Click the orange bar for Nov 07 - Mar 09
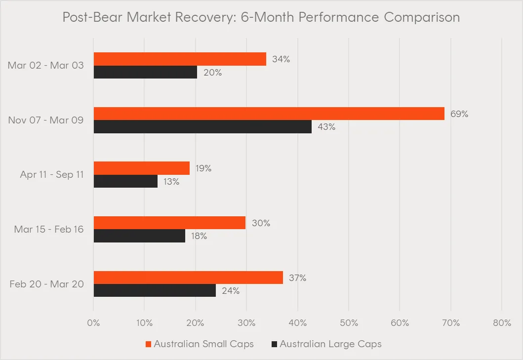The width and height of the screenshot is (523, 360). tap(269, 114)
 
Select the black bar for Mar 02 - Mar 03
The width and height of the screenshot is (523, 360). tap(145, 72)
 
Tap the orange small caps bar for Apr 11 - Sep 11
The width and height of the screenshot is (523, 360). tap(142, 168)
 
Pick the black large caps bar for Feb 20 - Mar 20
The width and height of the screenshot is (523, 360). tap(155, 290)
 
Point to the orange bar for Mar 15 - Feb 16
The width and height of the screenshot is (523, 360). tap(169, 223)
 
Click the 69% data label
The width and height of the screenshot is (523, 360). tap(459, 114)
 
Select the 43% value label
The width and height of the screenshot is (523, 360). tap(326, 127)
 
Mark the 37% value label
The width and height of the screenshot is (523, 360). tap(297, 278)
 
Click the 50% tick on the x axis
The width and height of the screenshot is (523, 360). tap(349, 323)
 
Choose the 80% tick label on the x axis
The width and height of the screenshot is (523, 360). tap(502, 323)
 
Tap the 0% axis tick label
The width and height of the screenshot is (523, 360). tap(93, 323)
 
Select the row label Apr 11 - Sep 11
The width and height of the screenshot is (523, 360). tap(52, 175)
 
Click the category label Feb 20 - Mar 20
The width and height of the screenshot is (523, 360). tap(46, 284)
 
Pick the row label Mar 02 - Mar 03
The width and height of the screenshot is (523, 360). tap(46, 66)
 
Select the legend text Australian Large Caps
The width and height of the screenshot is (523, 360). tap(330, 344)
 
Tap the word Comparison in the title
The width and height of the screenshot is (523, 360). tap(422, 18)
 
